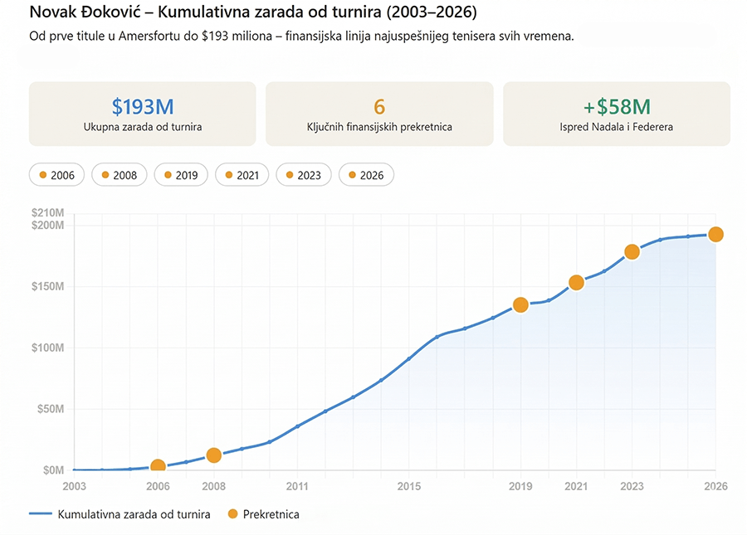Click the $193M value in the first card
[x=143, y=106]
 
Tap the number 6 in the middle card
[x=379, y=106]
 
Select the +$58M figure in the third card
[x=616, y=106]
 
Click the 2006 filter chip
[x=56, y=175]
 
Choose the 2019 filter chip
[x=180, y=175]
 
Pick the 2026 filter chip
[x=365, y=175]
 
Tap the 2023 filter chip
[x=303, y=175]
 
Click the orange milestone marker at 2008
[x=213, y=455]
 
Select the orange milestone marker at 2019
[x=520, y=304]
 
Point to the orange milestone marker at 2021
[x=576, y=283]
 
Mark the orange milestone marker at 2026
[x=715, y=235]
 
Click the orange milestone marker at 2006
[x=158, y=467]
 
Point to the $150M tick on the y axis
[x=48, y=287]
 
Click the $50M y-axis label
[x=51, y=409]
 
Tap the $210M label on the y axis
[x=48, y=214]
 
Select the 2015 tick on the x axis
[x=408, y=486]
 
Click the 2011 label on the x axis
[x=297, y=486]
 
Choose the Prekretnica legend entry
[x=263, y=514]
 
